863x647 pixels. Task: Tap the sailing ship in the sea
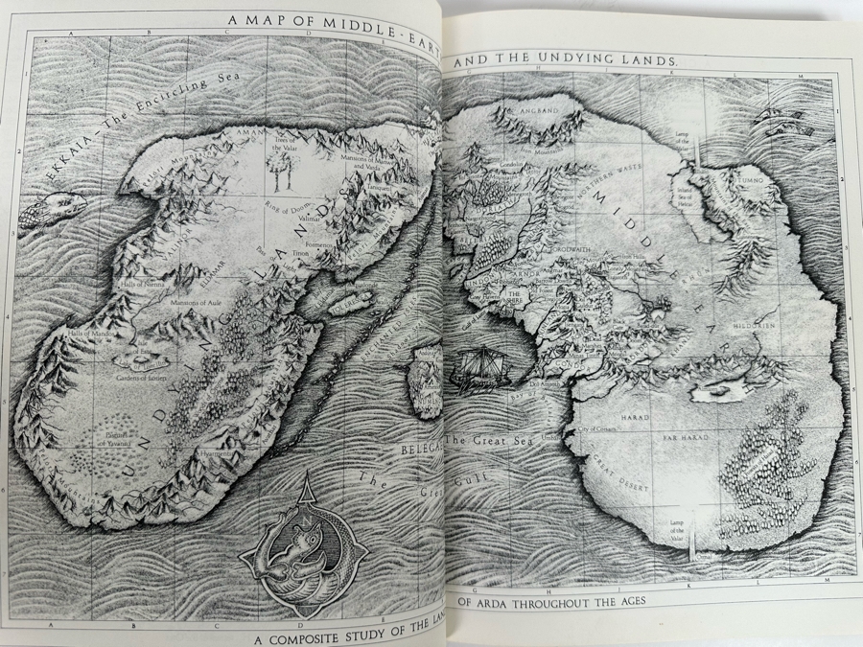pyautogui.click(x=477, y=367)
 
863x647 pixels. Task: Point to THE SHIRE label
pyautogui.click(x=514, y=295)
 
